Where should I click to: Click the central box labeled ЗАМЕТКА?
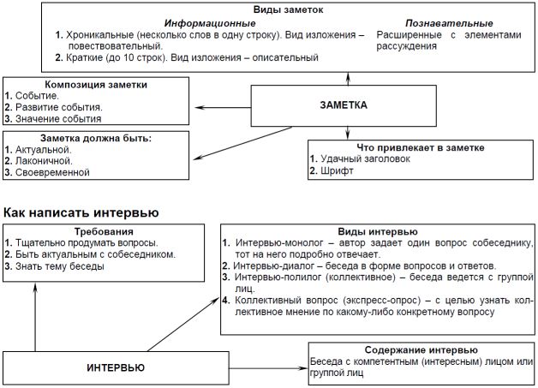(x=344, y=105)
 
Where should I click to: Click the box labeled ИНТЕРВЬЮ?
(x=116, y=367)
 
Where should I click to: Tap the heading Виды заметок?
(x=288, y=9)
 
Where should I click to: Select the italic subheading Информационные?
(x=210, y=23)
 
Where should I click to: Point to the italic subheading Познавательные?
(x=449, y=23)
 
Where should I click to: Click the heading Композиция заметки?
(x=96, y=85)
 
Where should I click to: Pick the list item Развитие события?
(x=58, y=107)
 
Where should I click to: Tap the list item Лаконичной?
(x=44, y=160)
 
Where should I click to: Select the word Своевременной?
(x=52, y=172)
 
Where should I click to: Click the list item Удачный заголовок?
(x=365, y=158)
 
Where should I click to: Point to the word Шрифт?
(x=337, y=170)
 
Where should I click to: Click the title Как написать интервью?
(x=81, y=212)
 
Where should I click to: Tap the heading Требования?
(x=104, y=231)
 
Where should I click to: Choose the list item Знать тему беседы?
(x=60, y=266)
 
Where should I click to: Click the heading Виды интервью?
(x=378, y=231)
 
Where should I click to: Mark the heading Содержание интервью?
(x=421, y=350)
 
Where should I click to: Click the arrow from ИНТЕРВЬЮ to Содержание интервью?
(x=269, y=368)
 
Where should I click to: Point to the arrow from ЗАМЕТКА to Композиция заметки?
(x=223, y=107)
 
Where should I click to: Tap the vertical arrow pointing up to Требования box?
(x=35, y=317)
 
